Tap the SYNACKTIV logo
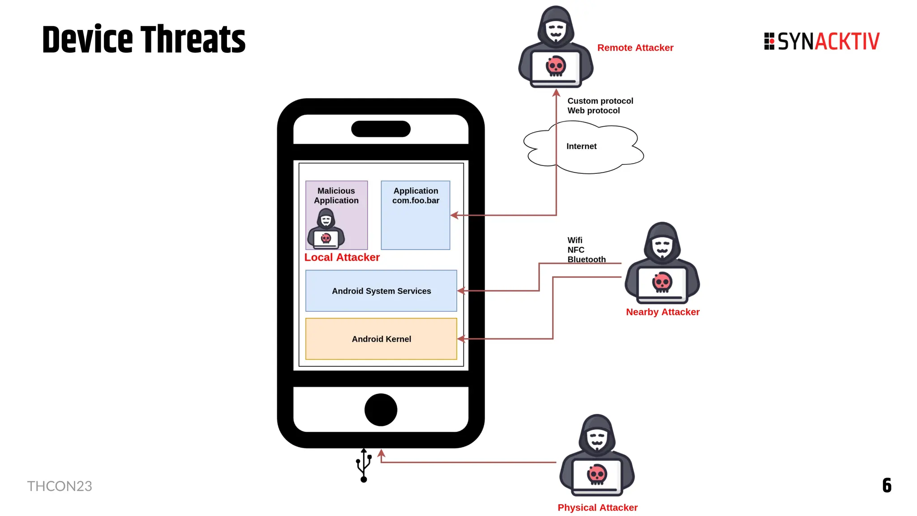pyautogui.click(x=822, y=41)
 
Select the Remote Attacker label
pyautogui.click(x=635, y=48)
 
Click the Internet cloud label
pyautogui.click(x=581, y=146)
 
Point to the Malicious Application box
pyautogui.click(x=336, y=215)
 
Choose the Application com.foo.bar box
pyautogui.click(x=416, y=215)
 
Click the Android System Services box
pyautogui.click(x=381, y=291)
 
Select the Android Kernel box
pyautogui.click(x=381, y=339)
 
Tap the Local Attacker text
pyautogui.click(x=342, y=258)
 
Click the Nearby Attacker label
pyautogui.click(x=663, y=312)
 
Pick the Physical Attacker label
pyautogui.click(x=597, y=507)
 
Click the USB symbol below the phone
pyautogui.click(x=364, y=466)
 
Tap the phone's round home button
pyautogui.click(x=381, y=410)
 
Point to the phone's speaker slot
pyautogui.click(x=381, y=129)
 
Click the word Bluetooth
pyautogui.click(x=587, y=260)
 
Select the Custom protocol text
pyautogui.click(x=600, y=101)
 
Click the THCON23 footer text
pyautogui.click(x=60, y=486)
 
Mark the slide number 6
pyautogui.click(x=887, y=486)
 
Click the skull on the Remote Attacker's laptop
pyautogui.click(x=556, y=66)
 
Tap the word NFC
pyautogui.click(x=576, y=250)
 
